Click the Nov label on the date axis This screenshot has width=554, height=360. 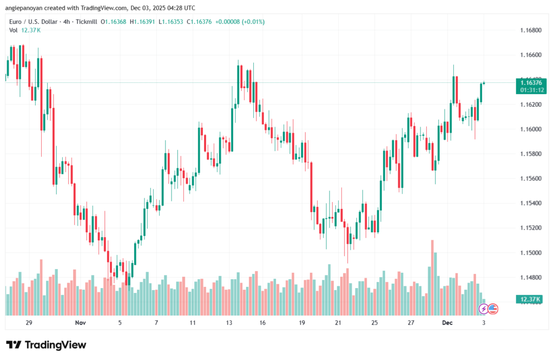(x=80, y=323)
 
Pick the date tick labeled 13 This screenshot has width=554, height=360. (x=229, y=323)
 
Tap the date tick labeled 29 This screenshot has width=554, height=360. (x=29, y=323)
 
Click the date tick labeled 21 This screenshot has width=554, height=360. (x=338, y=323)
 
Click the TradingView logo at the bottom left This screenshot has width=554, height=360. (x=46, y=345)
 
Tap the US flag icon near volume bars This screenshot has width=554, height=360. (x=492, y=309)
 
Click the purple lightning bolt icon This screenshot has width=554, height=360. (x=483, y=309)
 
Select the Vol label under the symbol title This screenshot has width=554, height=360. (x=14, y=30)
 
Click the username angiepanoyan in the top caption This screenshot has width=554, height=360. (x=28, y=8)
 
